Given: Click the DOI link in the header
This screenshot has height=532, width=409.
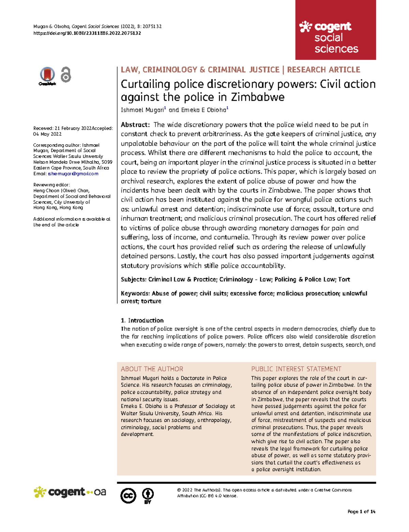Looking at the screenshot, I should (x=87, y=33).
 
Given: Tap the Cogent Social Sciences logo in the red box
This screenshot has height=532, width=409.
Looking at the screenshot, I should (x=329, y=37).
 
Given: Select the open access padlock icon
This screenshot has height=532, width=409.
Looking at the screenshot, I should (x=66, y=75).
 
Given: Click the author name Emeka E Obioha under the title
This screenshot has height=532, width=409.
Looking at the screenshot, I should (x=203, y=110).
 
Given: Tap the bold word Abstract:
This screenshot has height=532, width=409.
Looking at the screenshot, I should (x=135, y=125).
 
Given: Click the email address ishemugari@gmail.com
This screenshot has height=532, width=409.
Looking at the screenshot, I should (x=73, y=174).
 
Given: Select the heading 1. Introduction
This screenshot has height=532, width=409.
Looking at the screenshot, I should (x=142, y=320).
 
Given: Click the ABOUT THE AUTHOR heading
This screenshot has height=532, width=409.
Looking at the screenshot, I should (x=152, y=369).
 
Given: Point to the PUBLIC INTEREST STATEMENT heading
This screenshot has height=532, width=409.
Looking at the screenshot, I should (x=296, y=369).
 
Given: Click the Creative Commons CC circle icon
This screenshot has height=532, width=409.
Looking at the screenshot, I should (x=128, y=496).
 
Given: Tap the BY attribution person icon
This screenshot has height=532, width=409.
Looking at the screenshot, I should (x=148, y=495).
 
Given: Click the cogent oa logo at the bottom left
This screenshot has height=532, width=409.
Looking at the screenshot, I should (x=70, y=492).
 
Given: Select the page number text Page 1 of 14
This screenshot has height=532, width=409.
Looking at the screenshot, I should (x=361, y=512).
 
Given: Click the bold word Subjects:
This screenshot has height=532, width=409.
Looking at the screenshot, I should (x=134, y=279).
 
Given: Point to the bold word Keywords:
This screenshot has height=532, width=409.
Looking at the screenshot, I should (x=135, y=293).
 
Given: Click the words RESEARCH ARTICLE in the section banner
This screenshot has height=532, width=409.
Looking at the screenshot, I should (x=323, y=70).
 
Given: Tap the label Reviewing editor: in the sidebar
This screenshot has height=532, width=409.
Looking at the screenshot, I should (x=51, y=185).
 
